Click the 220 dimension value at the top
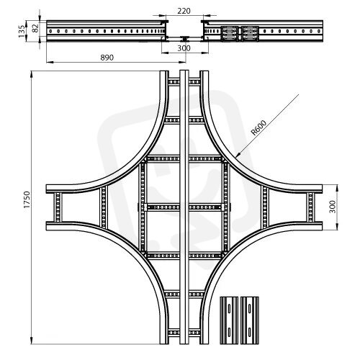184,11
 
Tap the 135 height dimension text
22,31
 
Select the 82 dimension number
35,28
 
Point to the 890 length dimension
107,58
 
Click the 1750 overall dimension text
27,199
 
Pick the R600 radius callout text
258,127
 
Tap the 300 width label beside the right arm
333,207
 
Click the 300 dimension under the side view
184,48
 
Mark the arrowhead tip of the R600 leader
235,158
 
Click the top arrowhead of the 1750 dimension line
32,71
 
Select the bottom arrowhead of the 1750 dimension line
32,344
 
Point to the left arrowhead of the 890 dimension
47,62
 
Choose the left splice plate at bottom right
229,320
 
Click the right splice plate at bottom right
250,320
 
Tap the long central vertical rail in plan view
184,207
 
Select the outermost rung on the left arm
58,207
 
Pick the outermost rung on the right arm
310,207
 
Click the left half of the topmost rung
174,82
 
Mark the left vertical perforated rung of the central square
143,207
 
